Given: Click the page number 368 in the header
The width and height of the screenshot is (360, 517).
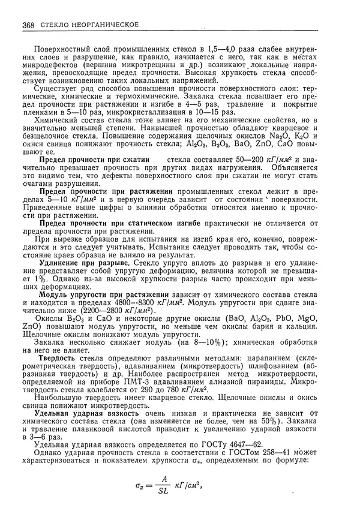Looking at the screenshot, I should click(27, 25).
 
